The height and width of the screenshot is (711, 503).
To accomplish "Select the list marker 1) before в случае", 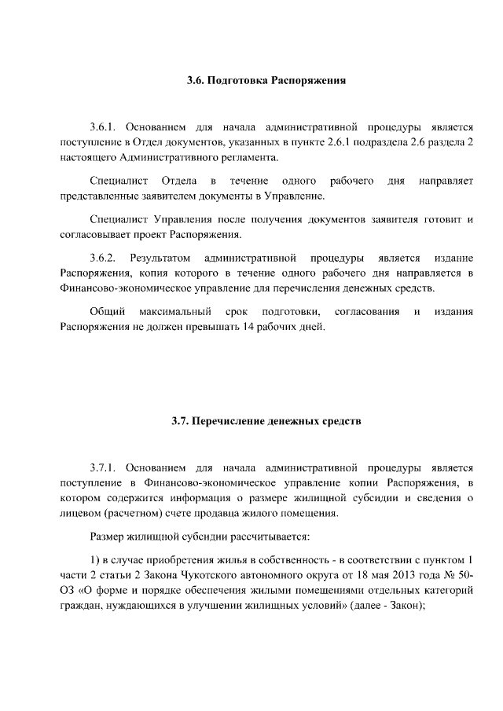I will [95, 559].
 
